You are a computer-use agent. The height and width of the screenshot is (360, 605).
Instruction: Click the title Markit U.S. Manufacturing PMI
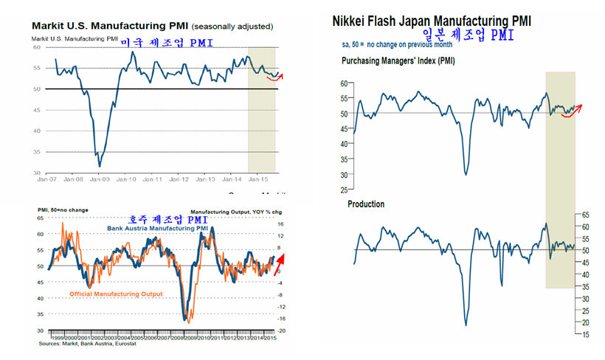[x=107, y=26]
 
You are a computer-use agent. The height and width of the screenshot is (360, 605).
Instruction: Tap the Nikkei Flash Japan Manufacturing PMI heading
[x=432, y=20]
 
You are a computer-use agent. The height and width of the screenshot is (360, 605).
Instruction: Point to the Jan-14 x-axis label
[x=232, y=179]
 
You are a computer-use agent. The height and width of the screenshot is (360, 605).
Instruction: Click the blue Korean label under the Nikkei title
[x=463, y=34]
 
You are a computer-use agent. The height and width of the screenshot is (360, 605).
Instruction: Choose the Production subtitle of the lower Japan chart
[x=366, y=204]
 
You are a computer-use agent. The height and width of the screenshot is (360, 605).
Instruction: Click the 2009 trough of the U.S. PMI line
[x=100, y=165]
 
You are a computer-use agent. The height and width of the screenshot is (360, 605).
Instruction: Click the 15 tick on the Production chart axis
[x=584, y=335]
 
